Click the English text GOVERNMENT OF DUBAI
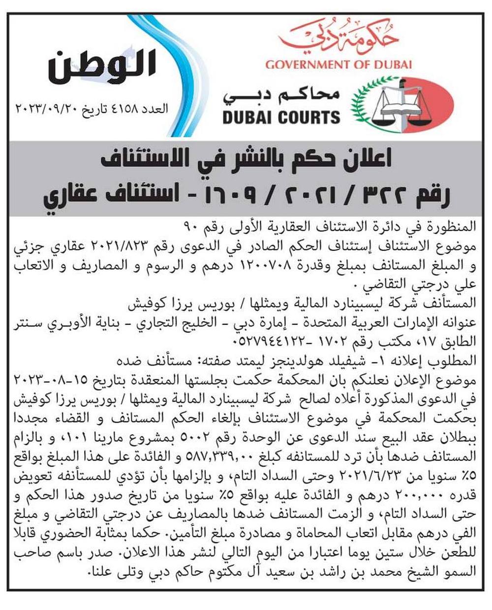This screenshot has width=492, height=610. (x=338, y=64)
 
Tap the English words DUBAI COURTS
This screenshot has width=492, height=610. (x=281, y=117)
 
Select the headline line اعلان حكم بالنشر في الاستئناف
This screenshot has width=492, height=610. (x=246, y=160)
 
